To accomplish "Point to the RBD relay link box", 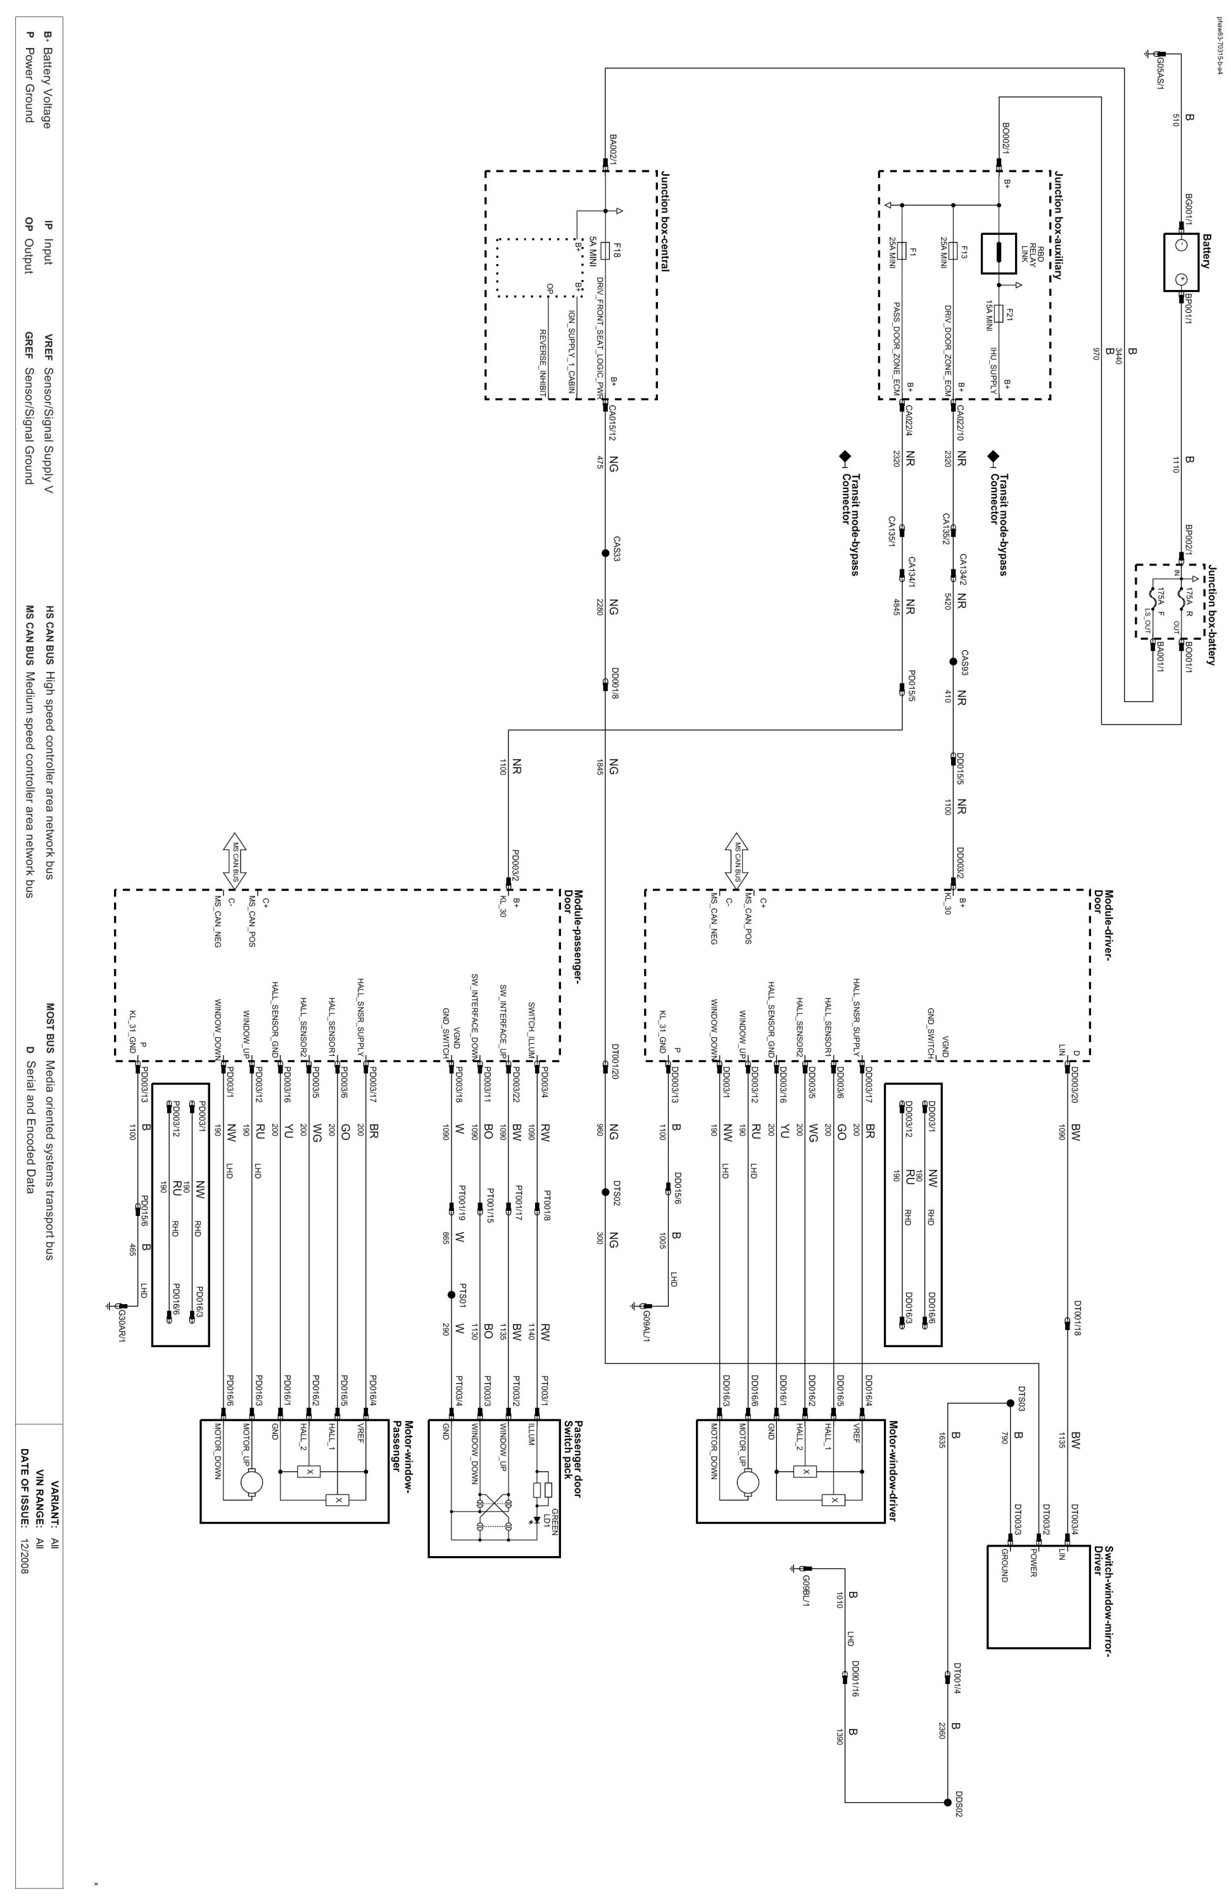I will click(998, 254).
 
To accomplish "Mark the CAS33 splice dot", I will click(604, 554).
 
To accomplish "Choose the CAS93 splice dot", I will click(952, 661).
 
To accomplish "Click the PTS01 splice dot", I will click(451, 1295).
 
